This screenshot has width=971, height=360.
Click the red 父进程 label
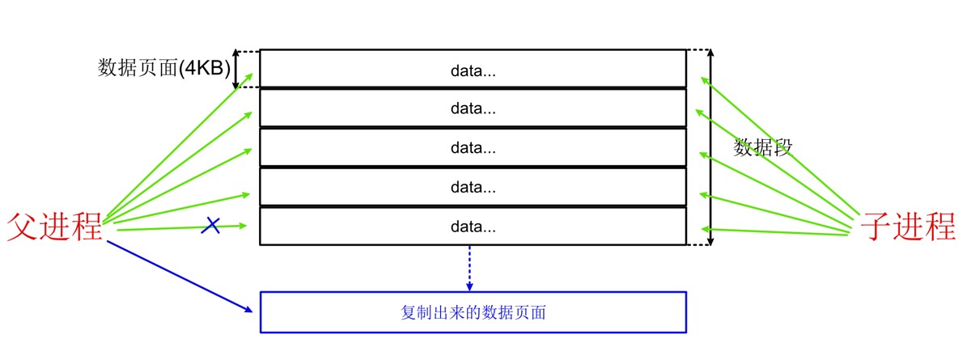click(55, 227)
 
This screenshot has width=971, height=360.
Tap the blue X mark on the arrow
click(210, 226)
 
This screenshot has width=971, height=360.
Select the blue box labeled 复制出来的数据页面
click(473, 311)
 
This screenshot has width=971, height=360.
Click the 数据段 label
click(762, 147)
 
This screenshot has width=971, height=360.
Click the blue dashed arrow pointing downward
click(469, 267)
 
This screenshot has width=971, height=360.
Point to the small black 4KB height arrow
click(236, 70)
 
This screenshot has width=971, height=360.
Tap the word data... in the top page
click(473, 70)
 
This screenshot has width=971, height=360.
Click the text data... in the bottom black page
click(473, 227)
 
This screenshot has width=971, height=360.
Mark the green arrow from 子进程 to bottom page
click(777, 231)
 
